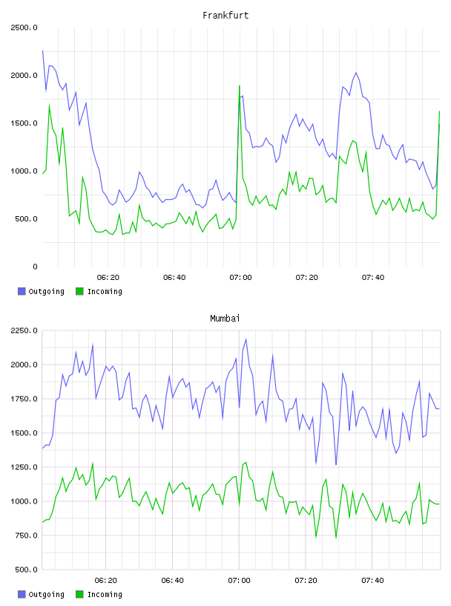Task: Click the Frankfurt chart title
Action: tap(225, 16)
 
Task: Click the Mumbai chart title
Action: tap(225, 319)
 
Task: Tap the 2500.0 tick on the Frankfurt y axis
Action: tap(24, 27)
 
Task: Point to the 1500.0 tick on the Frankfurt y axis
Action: tap(24, 123)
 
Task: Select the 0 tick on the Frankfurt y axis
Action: tap(35, 267)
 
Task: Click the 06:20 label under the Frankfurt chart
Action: tap(108, 278)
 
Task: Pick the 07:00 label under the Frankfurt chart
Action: tap(240, 278)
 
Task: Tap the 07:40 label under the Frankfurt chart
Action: tap(373, 278)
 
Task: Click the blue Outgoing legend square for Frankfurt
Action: tap(22, 291)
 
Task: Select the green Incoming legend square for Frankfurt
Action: tap(79, 291)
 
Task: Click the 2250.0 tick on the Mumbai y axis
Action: tap(24, 330)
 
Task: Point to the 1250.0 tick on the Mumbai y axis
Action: tap(24, 467)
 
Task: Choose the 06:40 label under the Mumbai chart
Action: tap(173, 581)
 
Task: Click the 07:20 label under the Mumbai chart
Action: tap(306, 581)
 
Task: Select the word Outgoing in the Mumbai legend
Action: tap(46, 594)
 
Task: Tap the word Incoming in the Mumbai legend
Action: tap(105, 594)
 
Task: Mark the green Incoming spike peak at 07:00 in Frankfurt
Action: tap(240, 86)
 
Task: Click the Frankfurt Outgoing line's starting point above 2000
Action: tap(42, 50)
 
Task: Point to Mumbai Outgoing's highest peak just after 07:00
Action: tap(246, 339)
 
